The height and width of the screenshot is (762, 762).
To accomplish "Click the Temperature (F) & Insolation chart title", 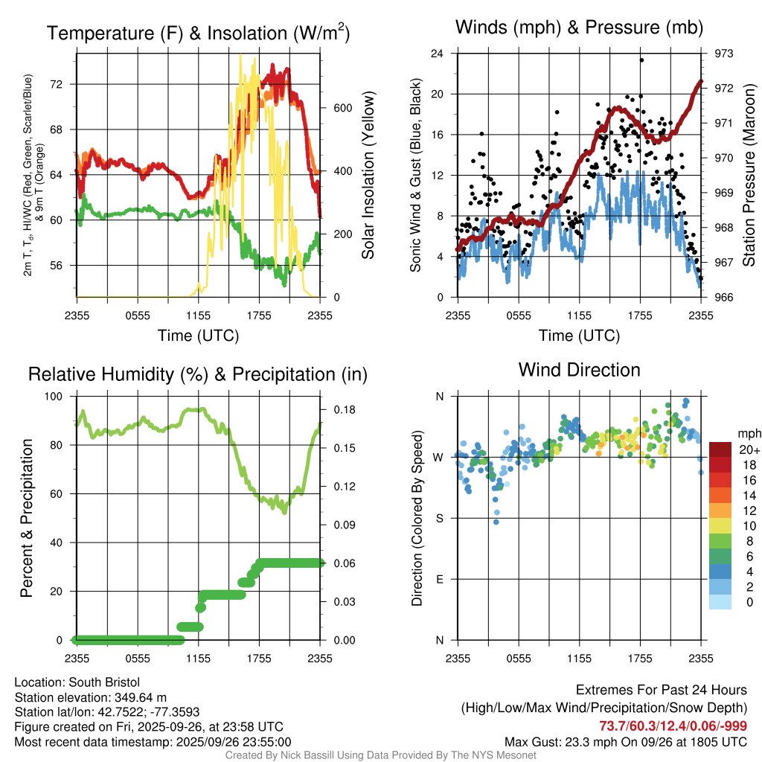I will click(x=198, y=33).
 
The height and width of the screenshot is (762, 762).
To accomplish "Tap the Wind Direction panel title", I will click(x=579, y=370).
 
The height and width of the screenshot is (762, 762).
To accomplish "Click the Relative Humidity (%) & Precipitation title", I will click(x=198, y=374).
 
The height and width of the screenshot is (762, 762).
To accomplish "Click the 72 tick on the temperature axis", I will click(x=63, y=84).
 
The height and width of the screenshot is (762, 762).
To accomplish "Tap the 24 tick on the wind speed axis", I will click(x=438, y=54).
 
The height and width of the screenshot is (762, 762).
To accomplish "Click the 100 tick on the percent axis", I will click(x=56, y=397).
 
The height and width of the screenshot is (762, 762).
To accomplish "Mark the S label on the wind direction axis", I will click(x=440, y=518).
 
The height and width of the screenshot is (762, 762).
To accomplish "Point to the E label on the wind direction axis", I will click(x=440, y=579).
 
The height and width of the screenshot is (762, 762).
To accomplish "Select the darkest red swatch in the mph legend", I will click(x=720, y=449).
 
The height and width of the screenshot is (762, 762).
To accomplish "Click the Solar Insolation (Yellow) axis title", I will click(x=368, y=176).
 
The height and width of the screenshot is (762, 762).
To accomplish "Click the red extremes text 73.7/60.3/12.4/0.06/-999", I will click(x=673, y=726).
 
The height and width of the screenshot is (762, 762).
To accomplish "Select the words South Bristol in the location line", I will click(x=104, y=682).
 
